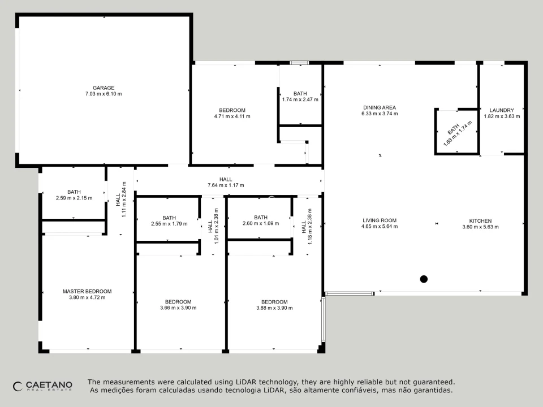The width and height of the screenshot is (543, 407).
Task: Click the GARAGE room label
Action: coord(104,88)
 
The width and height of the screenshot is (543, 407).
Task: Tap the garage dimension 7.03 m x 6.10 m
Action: coord(104,94)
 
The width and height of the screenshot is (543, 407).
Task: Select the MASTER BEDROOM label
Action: coord(87,292)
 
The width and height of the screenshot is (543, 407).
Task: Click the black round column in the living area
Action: coord(424,279)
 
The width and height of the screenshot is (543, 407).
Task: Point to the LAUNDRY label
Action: coord(502,110)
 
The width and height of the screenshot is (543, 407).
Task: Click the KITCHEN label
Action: coord(480,221)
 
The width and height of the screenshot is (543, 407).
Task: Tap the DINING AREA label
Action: coord(380,107)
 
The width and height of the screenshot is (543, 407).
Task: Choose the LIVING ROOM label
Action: coord(380,220)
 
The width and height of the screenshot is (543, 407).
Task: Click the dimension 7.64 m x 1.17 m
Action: coord(226,185)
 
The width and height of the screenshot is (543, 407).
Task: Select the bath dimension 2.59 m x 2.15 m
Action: coord(74,198)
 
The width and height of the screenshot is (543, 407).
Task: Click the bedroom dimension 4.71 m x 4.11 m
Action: coord(232,116)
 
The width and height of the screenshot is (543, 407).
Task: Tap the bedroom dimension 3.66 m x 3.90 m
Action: coord(178,308)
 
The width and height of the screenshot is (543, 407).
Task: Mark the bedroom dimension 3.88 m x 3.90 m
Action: coord(274,308)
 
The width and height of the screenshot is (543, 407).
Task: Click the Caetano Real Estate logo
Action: coord(42,386)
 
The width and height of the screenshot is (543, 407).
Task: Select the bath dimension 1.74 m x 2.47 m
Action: coord(300,99)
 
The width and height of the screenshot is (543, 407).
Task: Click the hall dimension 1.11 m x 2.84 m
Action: coord(124,200)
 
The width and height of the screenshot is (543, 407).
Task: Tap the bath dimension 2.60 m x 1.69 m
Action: coord(261,223)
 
